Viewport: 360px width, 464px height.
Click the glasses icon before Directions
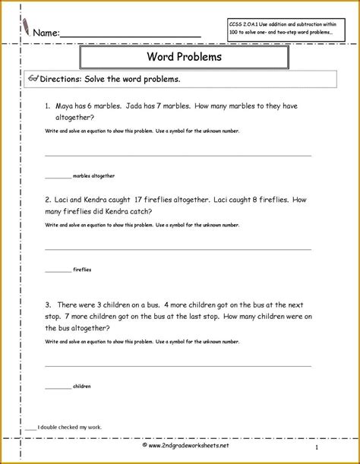pyautogui.click(x=32, y=77)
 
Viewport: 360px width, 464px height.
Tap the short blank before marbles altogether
pyautogui.click(x=58, y=175)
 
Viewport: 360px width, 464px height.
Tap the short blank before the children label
pyautogui.click(x=58, y=387)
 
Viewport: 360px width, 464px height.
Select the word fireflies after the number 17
pyautogui.click(x=167, y=200)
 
